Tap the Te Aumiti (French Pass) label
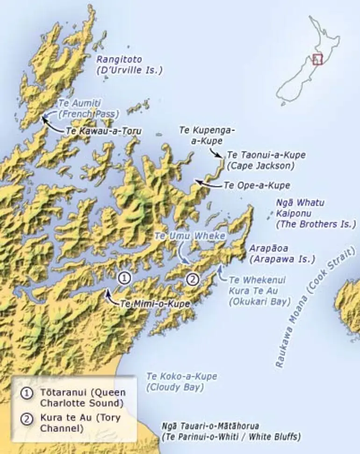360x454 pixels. (88, 108)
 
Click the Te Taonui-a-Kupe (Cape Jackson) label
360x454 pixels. (261, 159)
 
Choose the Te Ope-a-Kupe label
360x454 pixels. (257, 185)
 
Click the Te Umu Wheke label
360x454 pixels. (190, 237)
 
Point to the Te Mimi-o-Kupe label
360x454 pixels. (155, 303)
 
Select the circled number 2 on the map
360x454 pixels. (193, 279)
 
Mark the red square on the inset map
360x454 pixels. (317, 59)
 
